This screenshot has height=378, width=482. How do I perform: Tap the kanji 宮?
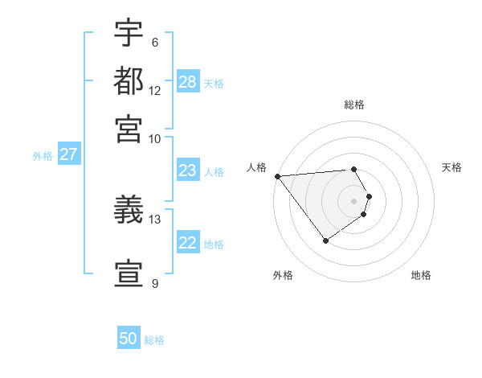pyautogui.click(x=129, y=128)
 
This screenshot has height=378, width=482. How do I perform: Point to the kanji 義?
pyautogui.click(x=129, y=211)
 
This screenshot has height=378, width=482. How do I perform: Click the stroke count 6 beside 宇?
pyautogui.click(x=154, y=43)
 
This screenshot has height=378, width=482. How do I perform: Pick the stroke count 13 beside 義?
pyautogui.click(x=155, y=218)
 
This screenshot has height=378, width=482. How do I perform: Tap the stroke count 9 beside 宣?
pyautogui.click(x=154, y=283)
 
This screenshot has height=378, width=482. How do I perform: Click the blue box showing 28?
pyautogui.click(x=188, y=81)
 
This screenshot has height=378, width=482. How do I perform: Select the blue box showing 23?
pyautogui.click(x=188, y=170)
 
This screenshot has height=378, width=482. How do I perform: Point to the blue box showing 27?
pyautogui.click(x=68, y=154)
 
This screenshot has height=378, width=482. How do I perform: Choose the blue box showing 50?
pyautogui.click(x=129, y=339)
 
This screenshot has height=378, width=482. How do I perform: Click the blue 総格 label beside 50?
pyautogui.click(x=154, y=340)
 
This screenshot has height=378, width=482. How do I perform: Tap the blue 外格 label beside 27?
pyautogui.click(x=43, y=156)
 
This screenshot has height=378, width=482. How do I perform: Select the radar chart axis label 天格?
pyautogui.click(x=451, y=167)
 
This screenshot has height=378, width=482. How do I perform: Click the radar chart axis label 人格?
pyautogui.click(x=257, y=167)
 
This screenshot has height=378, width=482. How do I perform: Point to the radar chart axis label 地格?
pyautogui.click(x=421, y=275)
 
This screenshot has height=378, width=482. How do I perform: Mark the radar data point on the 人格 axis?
pyautogui.click(x=277, y=176)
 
